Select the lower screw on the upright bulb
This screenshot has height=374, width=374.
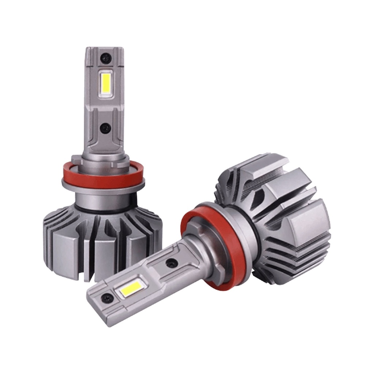point(106,127)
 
